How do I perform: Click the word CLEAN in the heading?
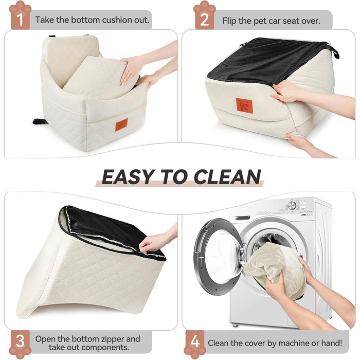pos(227,177)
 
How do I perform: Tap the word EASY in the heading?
pos(128,177)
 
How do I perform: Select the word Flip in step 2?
pos(229,21)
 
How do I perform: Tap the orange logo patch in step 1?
pos(121,125)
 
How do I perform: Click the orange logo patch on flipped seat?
pos(244,105)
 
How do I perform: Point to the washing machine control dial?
pos(292,206)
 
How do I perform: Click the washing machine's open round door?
pos(218,257)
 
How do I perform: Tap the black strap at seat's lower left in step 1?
pos(41,121)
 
